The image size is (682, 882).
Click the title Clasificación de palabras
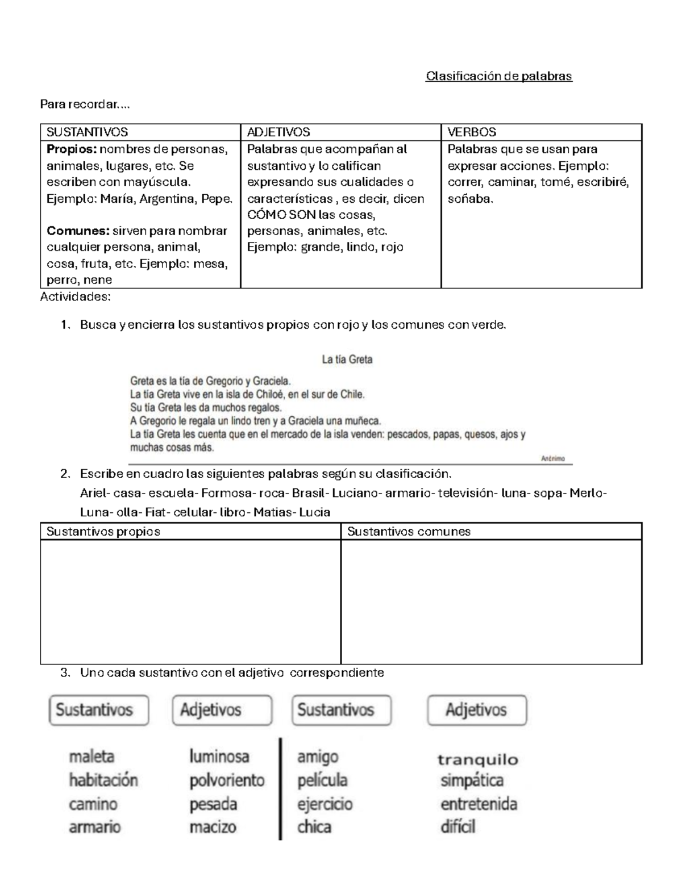pos(498,76)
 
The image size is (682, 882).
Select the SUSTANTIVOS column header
pos(87,132)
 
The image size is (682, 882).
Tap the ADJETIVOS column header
pos(278,132)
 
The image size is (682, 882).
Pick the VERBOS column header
pos(472,132)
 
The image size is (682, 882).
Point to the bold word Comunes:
pos(78,231)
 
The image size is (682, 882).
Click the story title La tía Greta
pos(347,360)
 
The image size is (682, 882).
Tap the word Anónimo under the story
pos(553,459)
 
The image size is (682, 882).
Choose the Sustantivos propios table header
pos(103,532)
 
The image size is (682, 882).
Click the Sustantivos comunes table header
pos(409,532)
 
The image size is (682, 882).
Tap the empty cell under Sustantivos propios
pos(190,601)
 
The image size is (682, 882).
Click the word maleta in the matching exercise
pos(92,756)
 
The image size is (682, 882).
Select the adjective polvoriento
pos(227,780)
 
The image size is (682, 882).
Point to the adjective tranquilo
pos(478,759)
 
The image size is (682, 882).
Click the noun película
pos(322,780)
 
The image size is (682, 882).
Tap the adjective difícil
pos(458,827)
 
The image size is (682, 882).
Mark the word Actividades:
pos(76,297)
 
